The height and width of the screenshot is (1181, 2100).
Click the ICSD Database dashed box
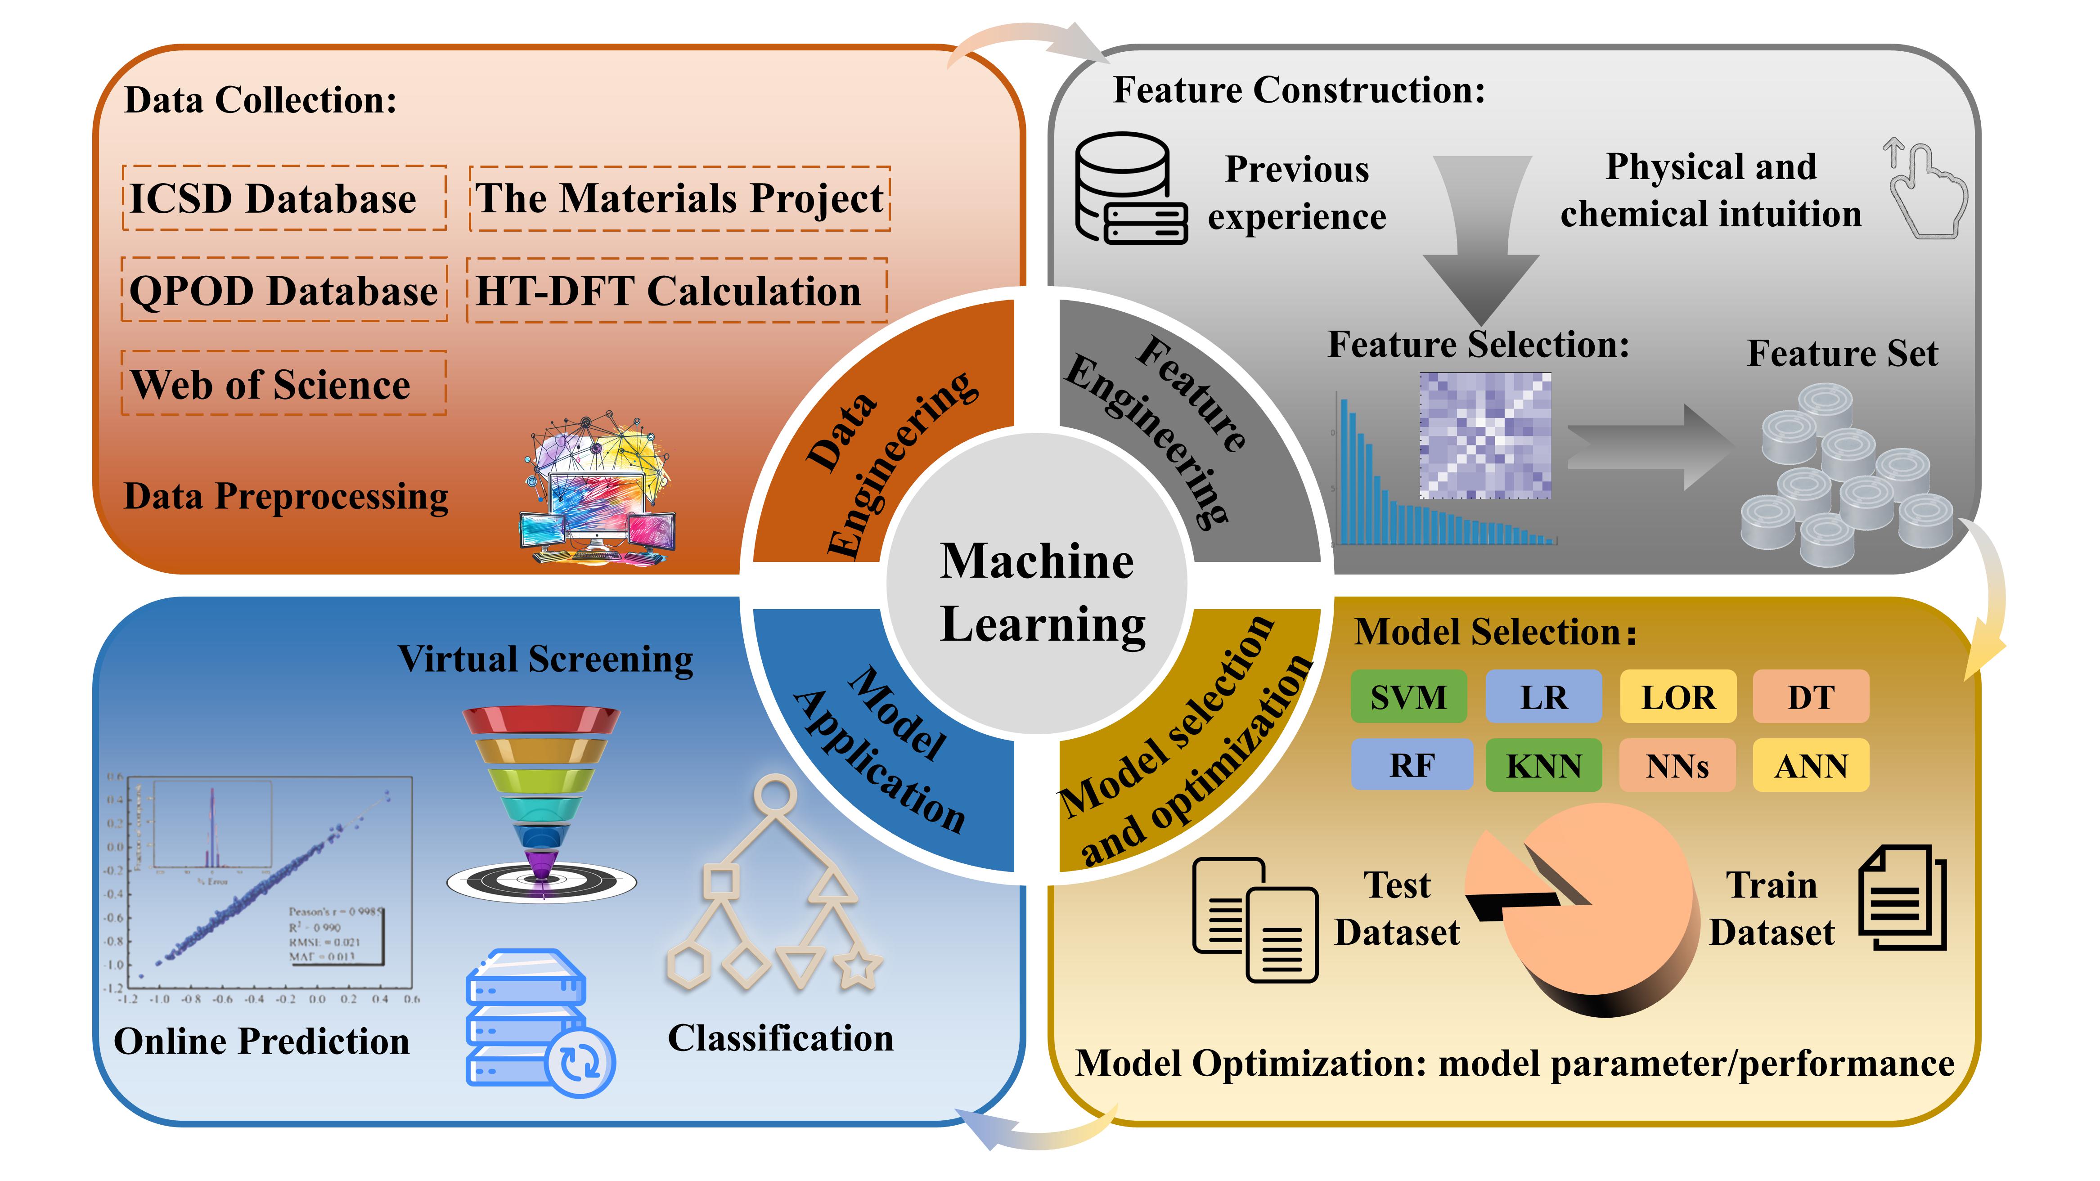point(283,198)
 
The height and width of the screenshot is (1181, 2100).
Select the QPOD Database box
point(283,290)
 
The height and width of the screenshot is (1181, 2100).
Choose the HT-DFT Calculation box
point(677,291)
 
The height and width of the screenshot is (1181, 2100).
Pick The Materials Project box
point(679,198)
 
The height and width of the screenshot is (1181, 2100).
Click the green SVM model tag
point(1408,697)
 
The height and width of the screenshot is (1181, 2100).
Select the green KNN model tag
point(1543,765)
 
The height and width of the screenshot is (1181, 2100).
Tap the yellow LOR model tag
point(1678,697)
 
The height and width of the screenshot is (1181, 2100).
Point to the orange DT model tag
point(1811,697)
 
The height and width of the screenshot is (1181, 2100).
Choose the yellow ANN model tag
point(1811,765)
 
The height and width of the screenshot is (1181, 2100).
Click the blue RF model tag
point(1411,765)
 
